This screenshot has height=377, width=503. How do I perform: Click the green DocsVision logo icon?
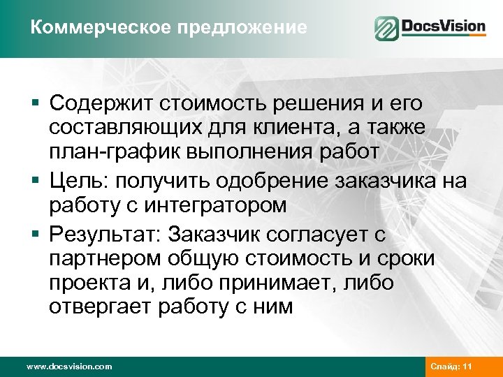click(386, 29)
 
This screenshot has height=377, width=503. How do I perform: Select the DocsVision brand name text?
click(443, 28)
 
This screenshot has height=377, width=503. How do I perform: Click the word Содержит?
click(101, 104)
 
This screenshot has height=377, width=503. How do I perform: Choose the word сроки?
click(404, 259)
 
